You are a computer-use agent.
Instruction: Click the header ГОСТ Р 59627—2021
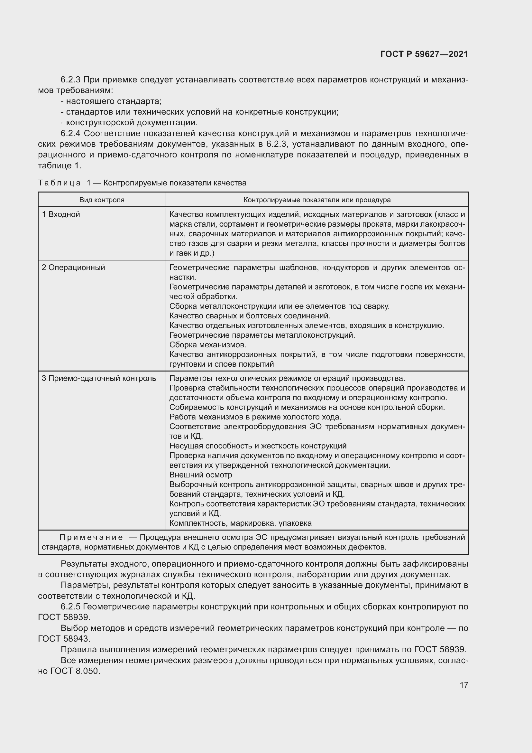(424, 54)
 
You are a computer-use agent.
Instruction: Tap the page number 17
(463, 685)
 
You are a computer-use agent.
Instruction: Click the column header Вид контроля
(102, 200)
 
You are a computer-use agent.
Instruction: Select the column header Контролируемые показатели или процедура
(317, 200)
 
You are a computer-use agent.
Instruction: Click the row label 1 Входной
(61, 214)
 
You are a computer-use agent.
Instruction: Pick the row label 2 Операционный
(73, 268)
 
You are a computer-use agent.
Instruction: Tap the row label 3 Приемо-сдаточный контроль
(99, 379)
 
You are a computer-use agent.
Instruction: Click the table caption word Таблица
(59, 183)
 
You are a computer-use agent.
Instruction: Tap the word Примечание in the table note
(91, 537)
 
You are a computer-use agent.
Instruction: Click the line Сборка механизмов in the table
(208, 345)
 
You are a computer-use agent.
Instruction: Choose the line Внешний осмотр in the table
(200, 475)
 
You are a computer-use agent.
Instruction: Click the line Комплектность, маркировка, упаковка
(241, 523)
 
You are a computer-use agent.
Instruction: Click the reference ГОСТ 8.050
(75, 671)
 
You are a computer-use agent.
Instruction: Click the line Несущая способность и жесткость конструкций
(258, 446)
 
